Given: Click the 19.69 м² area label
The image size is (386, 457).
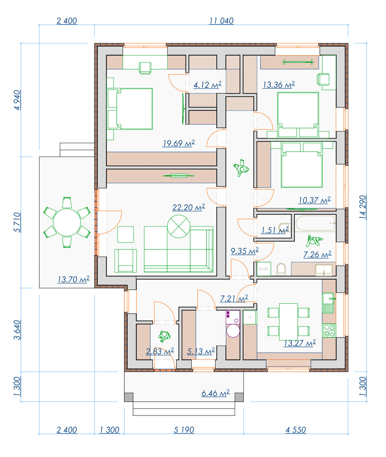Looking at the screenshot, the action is [179, 143].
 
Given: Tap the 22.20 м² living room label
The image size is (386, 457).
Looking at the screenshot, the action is [189, 207].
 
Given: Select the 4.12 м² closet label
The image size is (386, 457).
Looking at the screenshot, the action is [207, 85].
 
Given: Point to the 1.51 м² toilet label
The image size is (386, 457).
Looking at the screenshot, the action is [275, 230].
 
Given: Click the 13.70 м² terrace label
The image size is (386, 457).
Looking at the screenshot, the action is [73, 279].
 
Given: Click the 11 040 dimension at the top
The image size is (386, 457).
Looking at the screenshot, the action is [221, 21].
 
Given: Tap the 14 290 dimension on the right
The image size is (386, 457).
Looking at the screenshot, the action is [362, 207].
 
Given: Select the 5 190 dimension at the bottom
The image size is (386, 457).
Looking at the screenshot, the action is [184, 430].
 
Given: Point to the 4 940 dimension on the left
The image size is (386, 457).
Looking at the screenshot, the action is [17, 100].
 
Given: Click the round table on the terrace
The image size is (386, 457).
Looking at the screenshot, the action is [67, 222].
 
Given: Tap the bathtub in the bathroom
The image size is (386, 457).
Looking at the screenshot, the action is [315, 223].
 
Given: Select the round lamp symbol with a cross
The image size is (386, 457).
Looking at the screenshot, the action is [179, 226].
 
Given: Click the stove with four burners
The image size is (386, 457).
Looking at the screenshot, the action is [329, 331].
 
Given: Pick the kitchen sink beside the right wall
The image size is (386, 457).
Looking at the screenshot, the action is [328, 303].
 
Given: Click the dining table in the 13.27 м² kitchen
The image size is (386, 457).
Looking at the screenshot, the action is [288, 322].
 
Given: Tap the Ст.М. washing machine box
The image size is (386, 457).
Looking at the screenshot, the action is [264, 269].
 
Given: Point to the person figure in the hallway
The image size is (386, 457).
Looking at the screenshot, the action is [241, 168].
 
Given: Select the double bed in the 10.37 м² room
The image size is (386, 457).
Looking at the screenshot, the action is [302, 165].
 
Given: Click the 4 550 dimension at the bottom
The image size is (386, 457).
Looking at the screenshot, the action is [296, 430].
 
